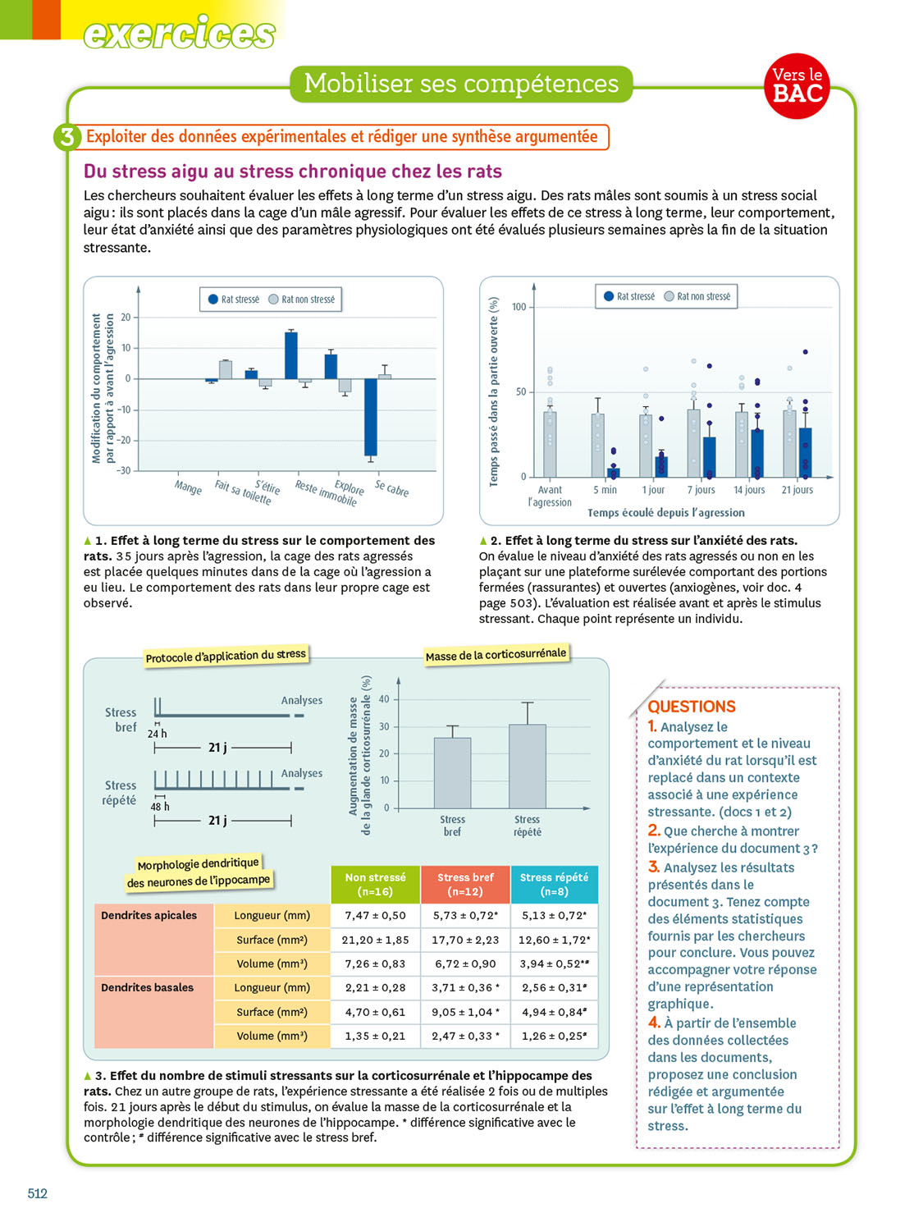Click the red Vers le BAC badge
coord(797,85)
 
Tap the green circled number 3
coord(66,137)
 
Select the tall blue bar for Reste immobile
coord(290,355)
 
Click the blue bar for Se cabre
coord(371,417)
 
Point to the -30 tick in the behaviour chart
coord(123,470)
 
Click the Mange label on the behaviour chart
coord(188,487)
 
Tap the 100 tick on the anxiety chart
coord(519,307)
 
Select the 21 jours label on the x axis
coord(797,490)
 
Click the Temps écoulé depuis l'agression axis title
coord(665,513)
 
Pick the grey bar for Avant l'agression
coord(550,443)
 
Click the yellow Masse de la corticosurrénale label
coord(496,655)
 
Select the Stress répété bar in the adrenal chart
coord(527,766)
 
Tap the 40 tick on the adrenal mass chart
coord(384,699)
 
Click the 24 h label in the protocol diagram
coord(157,734)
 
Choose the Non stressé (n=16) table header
coord(375,884)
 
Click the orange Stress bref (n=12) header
coord(465,884)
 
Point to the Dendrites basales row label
coord(148,987)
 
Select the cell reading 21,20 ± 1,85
coord(375,940)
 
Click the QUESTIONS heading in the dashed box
coord(692,707)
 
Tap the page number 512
coord(38,1193)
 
